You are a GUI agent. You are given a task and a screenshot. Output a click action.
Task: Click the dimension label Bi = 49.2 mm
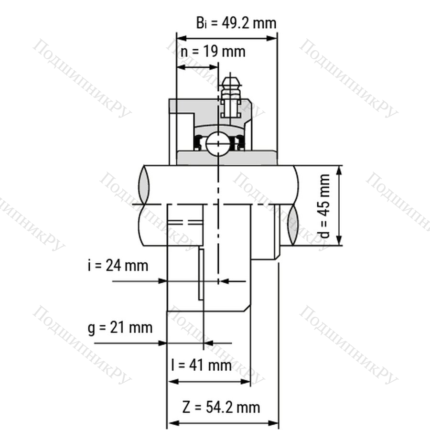pos(236,23)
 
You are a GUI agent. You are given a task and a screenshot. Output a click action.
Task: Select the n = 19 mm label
pos(213,52)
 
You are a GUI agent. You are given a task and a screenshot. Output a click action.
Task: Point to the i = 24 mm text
pos(118,266)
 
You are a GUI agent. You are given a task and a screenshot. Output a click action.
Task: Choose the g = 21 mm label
pos(120,328)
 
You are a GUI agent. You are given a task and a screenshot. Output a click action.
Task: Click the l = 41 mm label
pos(201,365)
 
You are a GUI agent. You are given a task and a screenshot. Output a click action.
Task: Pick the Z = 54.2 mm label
pos(221,407)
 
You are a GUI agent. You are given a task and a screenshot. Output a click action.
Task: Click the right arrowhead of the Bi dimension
pos(271,38)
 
